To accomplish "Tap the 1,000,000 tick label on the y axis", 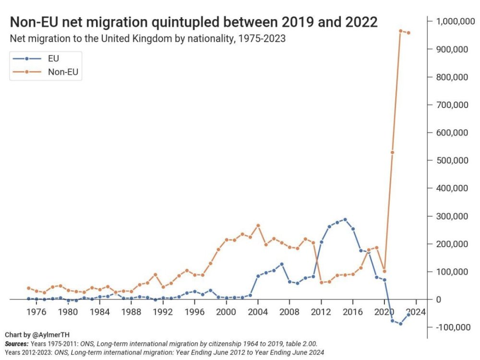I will pyautogui.click(x=455, y=22).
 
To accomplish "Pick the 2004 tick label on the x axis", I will pyautogui.click(x=258, y=312).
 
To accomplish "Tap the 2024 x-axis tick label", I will pyautogui.click(x=415, y=312).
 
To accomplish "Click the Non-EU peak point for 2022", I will pyautogui.click(x=400, y=31).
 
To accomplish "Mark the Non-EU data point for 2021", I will pyautogui.click(x=392, y=152).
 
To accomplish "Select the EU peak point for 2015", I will pyautogui.click(x=345, y=219).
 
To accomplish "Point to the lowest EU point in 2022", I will pyautogui.click(x=400, y=324).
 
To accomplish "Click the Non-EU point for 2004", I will pyautogui.click(x=258, y=225).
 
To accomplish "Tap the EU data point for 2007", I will pyautogui.click(x=282, y=264).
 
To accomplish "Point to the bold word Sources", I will pyautogui.click(x=17, y=344).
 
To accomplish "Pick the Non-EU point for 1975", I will pyautogui.click(x=28, y=288).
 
